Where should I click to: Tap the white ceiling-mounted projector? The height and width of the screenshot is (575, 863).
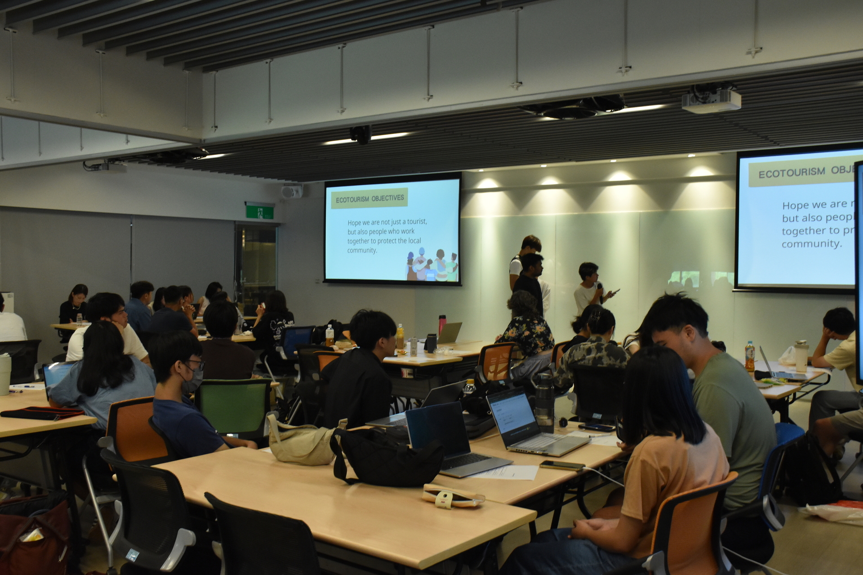tap(711, 100)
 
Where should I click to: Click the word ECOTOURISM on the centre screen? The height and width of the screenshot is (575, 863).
tap(352, 199)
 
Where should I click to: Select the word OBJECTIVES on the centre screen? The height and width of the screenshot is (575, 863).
tap(387, 198)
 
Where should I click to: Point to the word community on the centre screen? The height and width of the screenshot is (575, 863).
tap(362, 251)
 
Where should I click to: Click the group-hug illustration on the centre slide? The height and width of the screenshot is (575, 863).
tap(432, 265)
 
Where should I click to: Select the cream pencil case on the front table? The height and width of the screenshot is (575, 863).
tap(452, 496)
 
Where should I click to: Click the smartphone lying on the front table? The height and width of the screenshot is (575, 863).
tap(562, 465)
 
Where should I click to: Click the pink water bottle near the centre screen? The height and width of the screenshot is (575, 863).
tap(442, 324)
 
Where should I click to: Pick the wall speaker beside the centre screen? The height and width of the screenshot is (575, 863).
tap(292, 192)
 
